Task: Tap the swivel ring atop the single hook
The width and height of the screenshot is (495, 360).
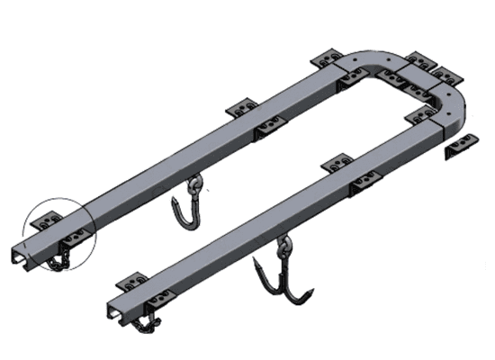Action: (x=193, y=187)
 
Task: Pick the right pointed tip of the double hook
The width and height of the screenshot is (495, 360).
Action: (x=312, y=293)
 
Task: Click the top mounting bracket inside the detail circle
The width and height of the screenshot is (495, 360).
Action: (x=45, y=219)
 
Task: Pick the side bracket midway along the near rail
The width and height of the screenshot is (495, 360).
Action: (x=365, y=187)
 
